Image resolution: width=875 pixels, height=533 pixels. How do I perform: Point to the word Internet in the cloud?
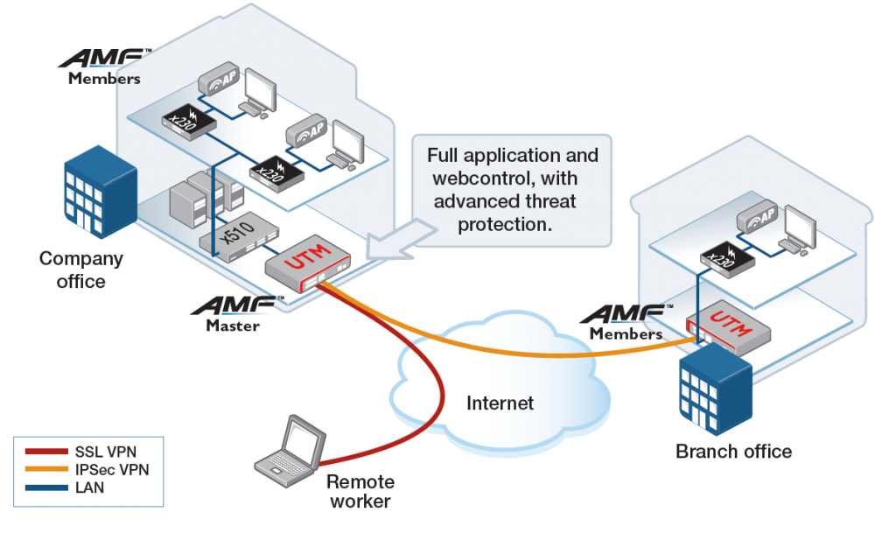500,403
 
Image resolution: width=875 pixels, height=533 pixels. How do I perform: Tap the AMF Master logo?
234,314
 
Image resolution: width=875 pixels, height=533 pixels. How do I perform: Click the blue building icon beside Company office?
101,193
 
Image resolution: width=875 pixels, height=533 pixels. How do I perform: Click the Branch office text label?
733,452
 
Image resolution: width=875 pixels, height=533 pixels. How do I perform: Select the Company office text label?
80,270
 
